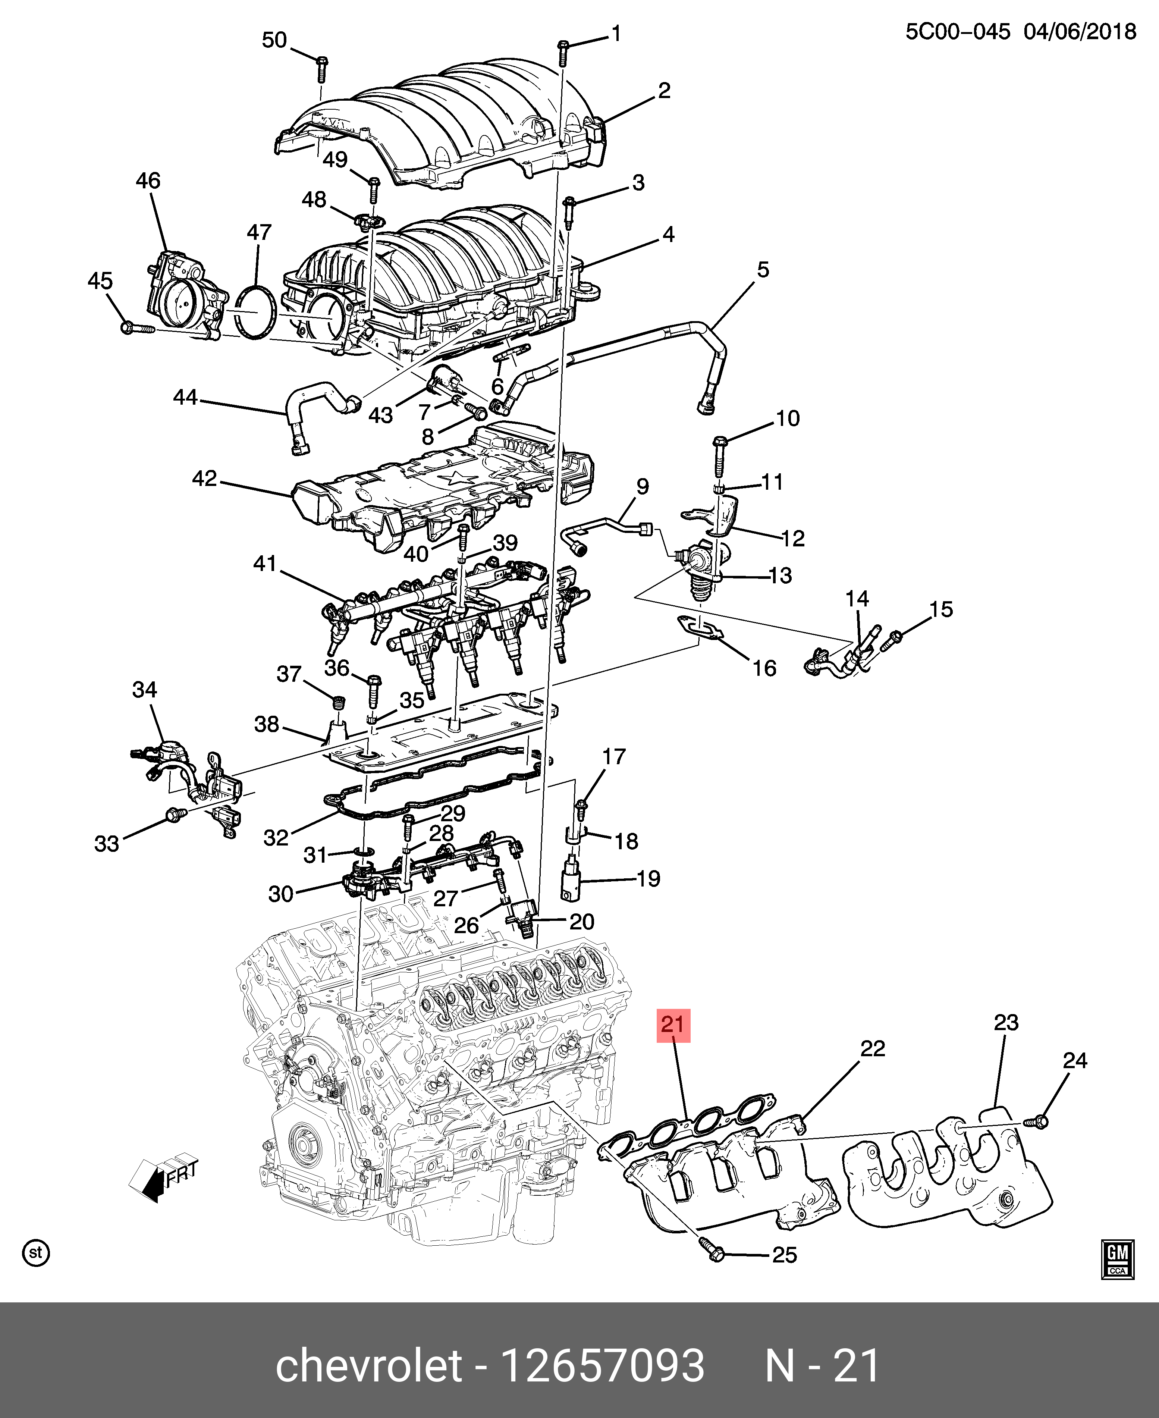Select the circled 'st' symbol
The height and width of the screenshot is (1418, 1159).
[35, 1252]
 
